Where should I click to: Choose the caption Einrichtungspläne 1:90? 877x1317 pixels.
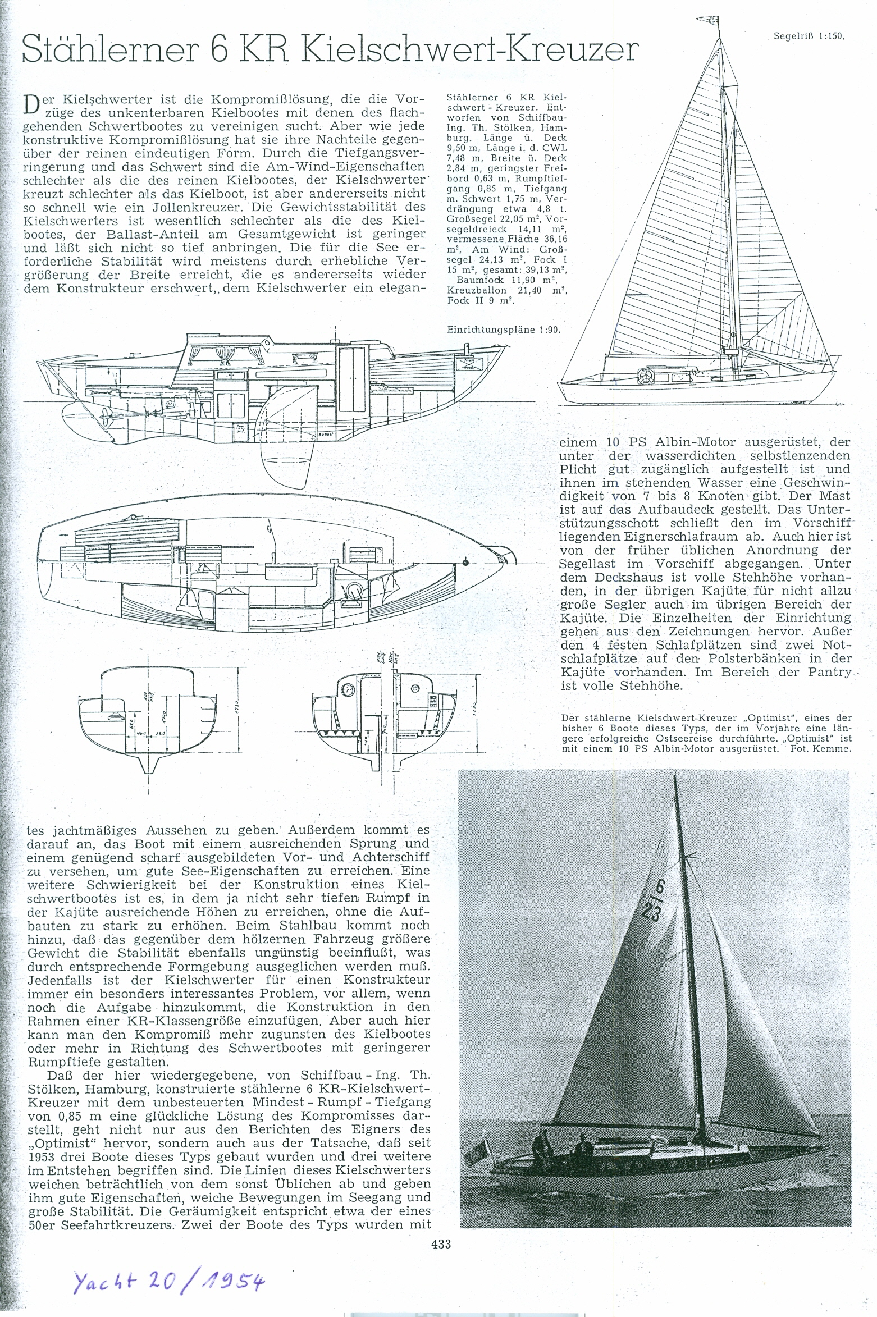click(x=504, y=330)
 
